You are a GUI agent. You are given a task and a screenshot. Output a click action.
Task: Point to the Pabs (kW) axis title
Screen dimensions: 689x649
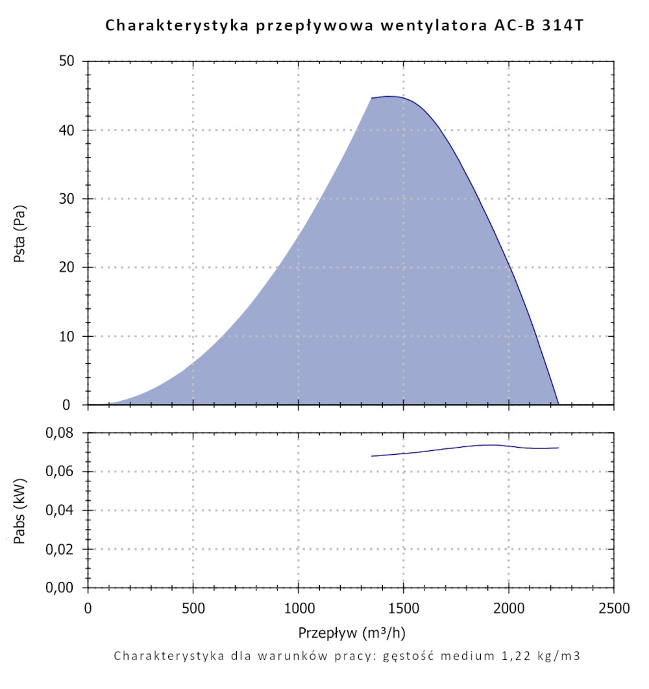[x=19, y=511]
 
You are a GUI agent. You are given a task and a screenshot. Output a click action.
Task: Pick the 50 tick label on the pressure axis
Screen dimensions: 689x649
[x=67, y=62]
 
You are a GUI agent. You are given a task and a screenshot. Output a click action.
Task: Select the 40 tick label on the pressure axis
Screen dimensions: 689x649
[x=67, y=130]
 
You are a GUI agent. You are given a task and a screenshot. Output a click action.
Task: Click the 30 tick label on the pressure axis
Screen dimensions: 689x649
[x=67, y=199]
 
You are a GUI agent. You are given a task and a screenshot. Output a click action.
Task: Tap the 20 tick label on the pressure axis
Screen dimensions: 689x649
[x=67, y=268]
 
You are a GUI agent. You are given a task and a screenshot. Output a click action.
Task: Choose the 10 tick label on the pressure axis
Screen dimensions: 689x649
[x=67, y=337]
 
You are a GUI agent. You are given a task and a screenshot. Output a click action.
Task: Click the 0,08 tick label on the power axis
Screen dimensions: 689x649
[x=62, y=433]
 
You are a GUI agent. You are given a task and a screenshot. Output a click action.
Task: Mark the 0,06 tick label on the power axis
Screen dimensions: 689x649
[x=62, y=472]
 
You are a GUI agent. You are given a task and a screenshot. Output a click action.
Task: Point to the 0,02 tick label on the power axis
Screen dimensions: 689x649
[x=62, y=550]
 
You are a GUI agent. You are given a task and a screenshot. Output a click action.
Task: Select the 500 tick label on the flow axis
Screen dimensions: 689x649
[x=193, y=609]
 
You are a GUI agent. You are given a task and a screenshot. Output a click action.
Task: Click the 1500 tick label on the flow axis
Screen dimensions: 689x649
[x=404, y=609]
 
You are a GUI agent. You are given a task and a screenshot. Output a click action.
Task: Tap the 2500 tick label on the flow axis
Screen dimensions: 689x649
[x=613, y=609]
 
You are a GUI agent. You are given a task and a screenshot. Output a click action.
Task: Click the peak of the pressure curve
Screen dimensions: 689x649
[x=389, y=96]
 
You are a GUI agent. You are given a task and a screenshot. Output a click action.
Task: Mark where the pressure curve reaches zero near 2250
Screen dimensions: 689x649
[x=558, y=404]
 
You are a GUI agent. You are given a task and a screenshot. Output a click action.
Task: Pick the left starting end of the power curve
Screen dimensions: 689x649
[x=372, y=456]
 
